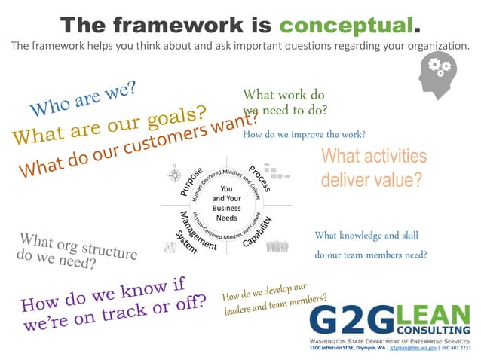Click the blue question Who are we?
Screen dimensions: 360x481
point(84,99)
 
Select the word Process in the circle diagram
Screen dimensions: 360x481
point(259,178)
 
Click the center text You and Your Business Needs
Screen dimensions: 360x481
point(226,203)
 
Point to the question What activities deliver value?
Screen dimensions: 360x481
point(373,168)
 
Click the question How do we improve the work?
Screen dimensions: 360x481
point(304,134)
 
